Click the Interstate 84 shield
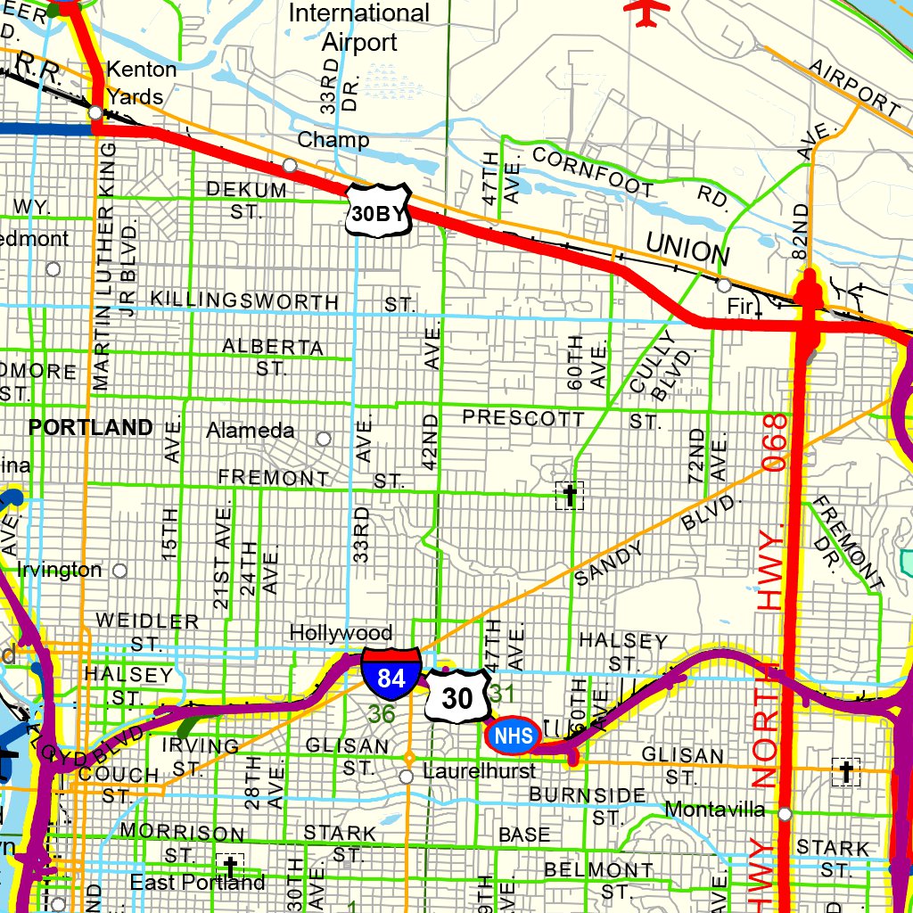click(x=391, y=674)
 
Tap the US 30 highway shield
click(x=457, y=697)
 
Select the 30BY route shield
click(x=378, y=211)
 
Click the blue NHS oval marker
click(x=514, y=735)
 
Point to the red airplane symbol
click(x=648, y=11)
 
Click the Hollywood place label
click(x=341, y=633)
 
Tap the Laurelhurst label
click(x=480, y=770)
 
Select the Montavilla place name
click(x=715, y=810)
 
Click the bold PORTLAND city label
click(x=91, y=428)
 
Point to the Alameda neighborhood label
click(x=251, y=431)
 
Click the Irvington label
click(x=60, y=570)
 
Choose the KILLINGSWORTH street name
click(x=245, y=300)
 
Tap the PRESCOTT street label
click(x=523, y=417)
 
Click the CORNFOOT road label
click(x=593, y=170)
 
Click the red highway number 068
click(x=777, y=441)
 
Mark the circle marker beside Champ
click(x=290, y=165)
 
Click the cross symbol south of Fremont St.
click(x=569, y=494)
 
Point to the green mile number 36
click(x=382, y=714)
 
